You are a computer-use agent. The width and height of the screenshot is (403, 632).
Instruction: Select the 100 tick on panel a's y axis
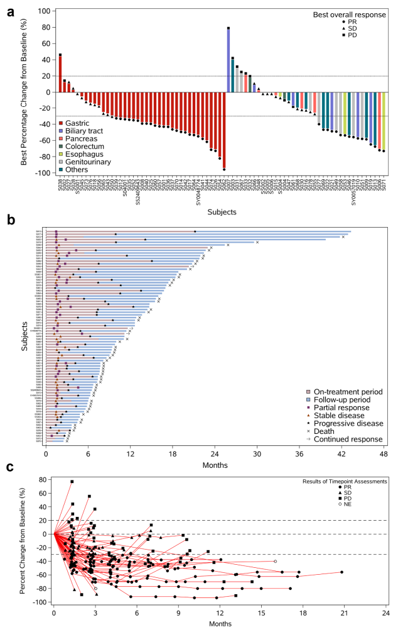click(x=43, y=12)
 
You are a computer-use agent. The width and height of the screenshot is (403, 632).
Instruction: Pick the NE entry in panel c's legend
click(x=347, y=504)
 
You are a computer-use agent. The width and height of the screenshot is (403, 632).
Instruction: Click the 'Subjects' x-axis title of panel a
click(x=220, y=212)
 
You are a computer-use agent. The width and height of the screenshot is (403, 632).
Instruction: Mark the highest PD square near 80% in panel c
click(x=72, y=482)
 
